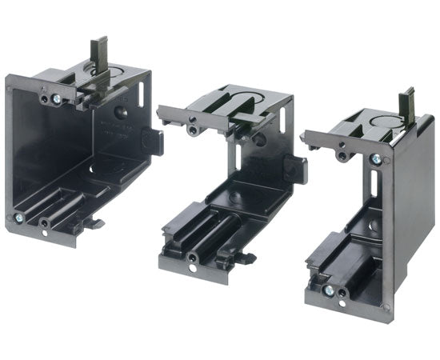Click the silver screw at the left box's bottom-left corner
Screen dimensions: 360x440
click(x=18, y=217)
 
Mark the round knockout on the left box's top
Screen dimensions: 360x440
click(x=107, y=80)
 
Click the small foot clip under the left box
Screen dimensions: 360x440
click(x=98, y=223)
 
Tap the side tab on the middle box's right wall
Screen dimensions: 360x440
click(x=298, y=169)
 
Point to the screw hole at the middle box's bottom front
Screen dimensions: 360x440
click(x=194, y=258)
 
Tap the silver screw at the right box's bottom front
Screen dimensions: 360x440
click(x=327, y=290)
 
